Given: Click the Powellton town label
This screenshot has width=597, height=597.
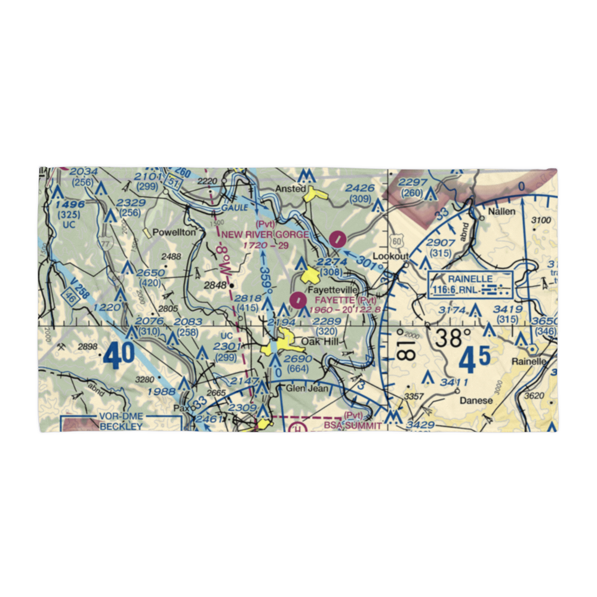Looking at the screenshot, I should [174, 232].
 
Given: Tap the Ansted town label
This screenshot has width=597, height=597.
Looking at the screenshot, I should [290, 189].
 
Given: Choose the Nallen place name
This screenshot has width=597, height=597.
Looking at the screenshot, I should [501, 211].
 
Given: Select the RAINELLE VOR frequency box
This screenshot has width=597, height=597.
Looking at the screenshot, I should [470, 284].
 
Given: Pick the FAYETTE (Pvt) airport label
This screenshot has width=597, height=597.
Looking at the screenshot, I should [346, 300].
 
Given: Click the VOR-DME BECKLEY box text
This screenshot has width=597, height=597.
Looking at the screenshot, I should [121, 422].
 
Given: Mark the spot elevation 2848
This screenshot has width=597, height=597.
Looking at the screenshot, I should [216, 285].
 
